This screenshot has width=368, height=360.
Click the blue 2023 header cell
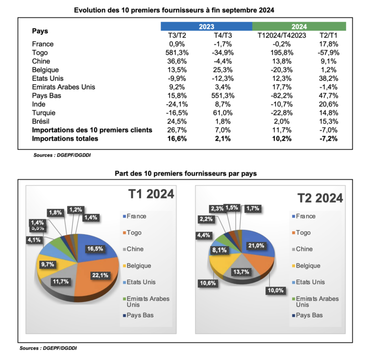click(206, 26)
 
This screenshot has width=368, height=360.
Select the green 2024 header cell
click(299, 26)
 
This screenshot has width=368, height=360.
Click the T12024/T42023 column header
click(275, 35)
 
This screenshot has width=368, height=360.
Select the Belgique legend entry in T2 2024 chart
click(308, 266)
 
